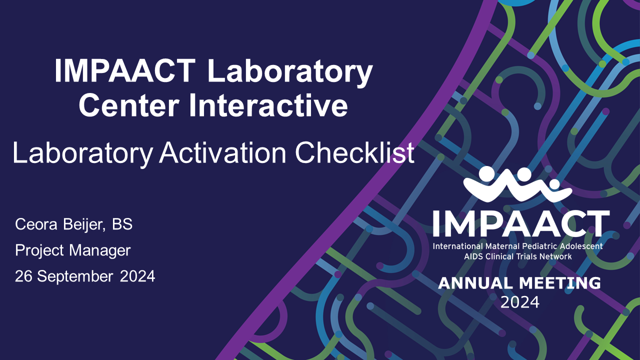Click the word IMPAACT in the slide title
tap(125, 70)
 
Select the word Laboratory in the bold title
tap(290, 73)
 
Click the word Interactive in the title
tap(269, 104)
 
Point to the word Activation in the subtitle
tap(223, 153)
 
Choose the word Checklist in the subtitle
tap(355, 153)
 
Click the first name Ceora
tap(36, 224)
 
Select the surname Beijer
tap(83, 225)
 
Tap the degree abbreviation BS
tap(122, 224)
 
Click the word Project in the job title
tap(39, 251)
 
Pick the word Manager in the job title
tap(100, 251)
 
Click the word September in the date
tap(75, 277)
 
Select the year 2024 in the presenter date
tap(137, 276)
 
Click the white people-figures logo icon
tap(517, 184)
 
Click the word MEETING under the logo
tap(560, 283)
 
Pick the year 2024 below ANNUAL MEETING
tap(520, 302)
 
